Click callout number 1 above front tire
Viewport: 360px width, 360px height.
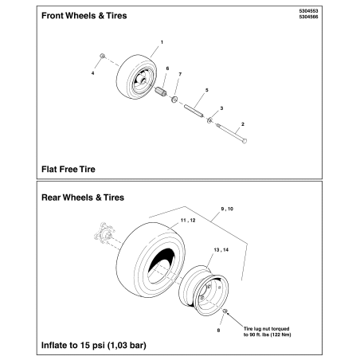point(162,41)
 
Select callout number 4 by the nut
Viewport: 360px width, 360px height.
point(92,72)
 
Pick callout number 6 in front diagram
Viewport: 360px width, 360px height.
point(167,68)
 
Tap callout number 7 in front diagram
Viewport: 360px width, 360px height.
point(181,74)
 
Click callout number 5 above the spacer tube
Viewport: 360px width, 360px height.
point(206,92)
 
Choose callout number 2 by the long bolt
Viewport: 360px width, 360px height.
point(241,124)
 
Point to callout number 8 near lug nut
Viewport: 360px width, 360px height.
point(218,327)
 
